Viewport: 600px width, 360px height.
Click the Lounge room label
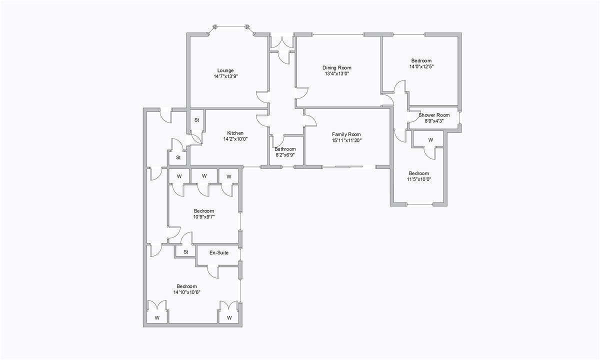point(225,70)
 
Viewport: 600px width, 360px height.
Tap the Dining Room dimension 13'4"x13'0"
point(336,73)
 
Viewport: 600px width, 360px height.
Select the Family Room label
point(346,134)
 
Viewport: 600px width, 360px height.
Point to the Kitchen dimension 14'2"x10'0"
point(235,139)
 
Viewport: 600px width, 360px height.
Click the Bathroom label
point(285,149)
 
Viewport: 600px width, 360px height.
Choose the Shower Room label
point(434,115)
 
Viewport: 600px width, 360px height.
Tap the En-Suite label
point(219,253)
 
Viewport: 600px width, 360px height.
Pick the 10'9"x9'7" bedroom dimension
point(204,217)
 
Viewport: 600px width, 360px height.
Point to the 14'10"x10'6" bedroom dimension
point(187,292)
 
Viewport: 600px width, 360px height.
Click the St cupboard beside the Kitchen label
point(197,120)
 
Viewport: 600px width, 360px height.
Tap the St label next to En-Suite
point(185,252)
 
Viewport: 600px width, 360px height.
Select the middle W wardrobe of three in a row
point(204,176)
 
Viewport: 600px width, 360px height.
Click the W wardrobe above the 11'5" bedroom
point(430,139)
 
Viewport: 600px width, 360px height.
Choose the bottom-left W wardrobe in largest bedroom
point(157,317)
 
